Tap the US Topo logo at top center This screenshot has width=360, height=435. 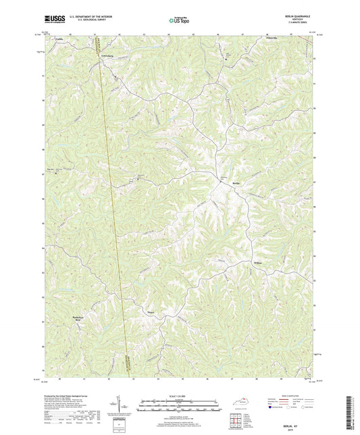(x=179, y=21)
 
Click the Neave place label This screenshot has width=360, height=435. (x=152, y=313)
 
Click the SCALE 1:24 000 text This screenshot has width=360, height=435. (x=179, y=394)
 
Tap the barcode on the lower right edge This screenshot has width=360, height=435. (x=351, y=409)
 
